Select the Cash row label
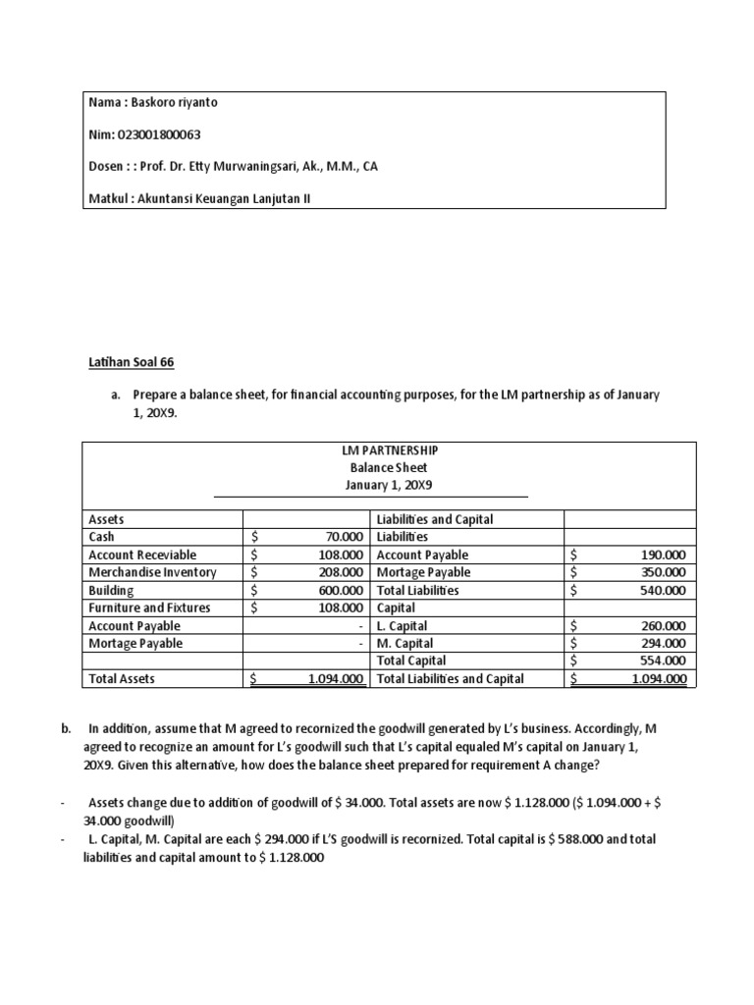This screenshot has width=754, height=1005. click(102, 537)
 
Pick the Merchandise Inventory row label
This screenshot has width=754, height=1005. click(152, 572)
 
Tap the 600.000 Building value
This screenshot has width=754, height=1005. click(342, 590)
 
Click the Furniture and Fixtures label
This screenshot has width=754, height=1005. click(148, 608)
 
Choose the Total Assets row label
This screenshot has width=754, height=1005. click(122, 678)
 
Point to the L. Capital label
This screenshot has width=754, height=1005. click(403, 625)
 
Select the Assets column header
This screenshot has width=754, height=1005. click(107, 519)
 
